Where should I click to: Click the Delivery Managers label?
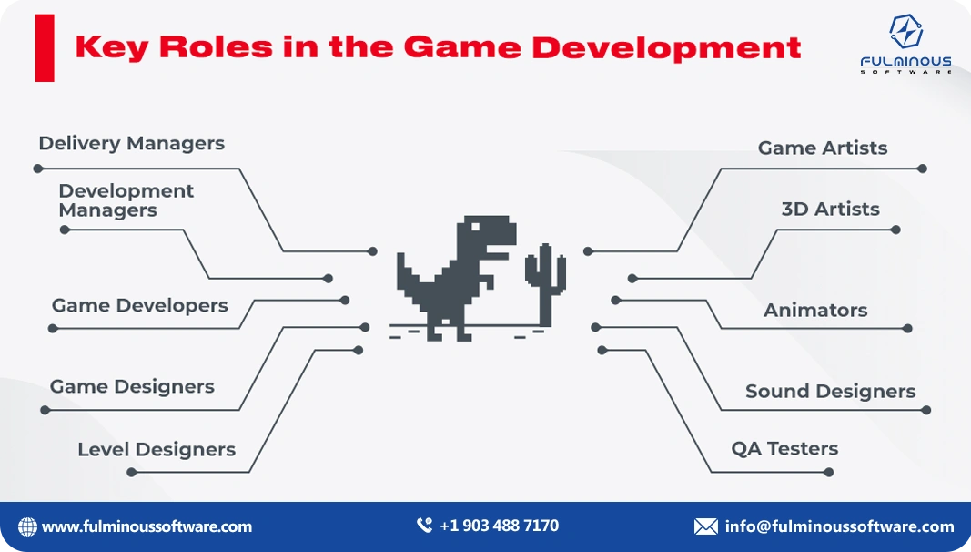pos(131,144)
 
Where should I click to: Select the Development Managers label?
pos(126,200)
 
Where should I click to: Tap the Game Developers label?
pos(139,306)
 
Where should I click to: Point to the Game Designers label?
pos(132,387)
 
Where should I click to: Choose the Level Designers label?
pos(156,450)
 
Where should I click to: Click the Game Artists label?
pos(822,148)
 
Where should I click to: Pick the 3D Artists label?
pos(830,210)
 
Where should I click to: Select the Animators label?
pos(815,311)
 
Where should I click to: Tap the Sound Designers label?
pos(830,392)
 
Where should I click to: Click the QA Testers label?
pos(784,449)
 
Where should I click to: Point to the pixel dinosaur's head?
pos(486,233)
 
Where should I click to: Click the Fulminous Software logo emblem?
pos(905,32)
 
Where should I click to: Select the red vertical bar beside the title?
pos(45,48)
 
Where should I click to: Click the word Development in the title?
pos(666,47)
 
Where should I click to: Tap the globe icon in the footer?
pos(28,526)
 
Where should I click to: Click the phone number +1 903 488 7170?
pos(499,526)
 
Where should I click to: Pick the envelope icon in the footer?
pos(705,526)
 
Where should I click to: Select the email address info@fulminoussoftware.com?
pos(839,526)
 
